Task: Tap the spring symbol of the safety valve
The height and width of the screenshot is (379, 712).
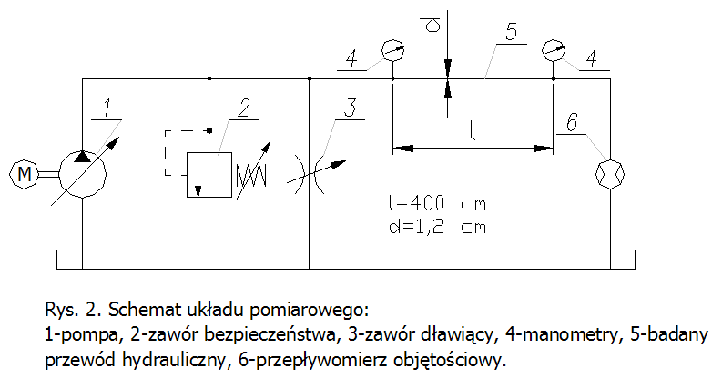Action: [252, 170]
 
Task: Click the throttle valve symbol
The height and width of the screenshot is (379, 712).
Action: [310, 170]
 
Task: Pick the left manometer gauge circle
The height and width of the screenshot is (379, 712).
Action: [392, 49]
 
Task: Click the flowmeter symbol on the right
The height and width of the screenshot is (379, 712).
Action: [607, 170]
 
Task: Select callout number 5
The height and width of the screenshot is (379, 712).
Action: [511, 31]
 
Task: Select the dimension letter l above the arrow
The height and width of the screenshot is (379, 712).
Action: [473, 129]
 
